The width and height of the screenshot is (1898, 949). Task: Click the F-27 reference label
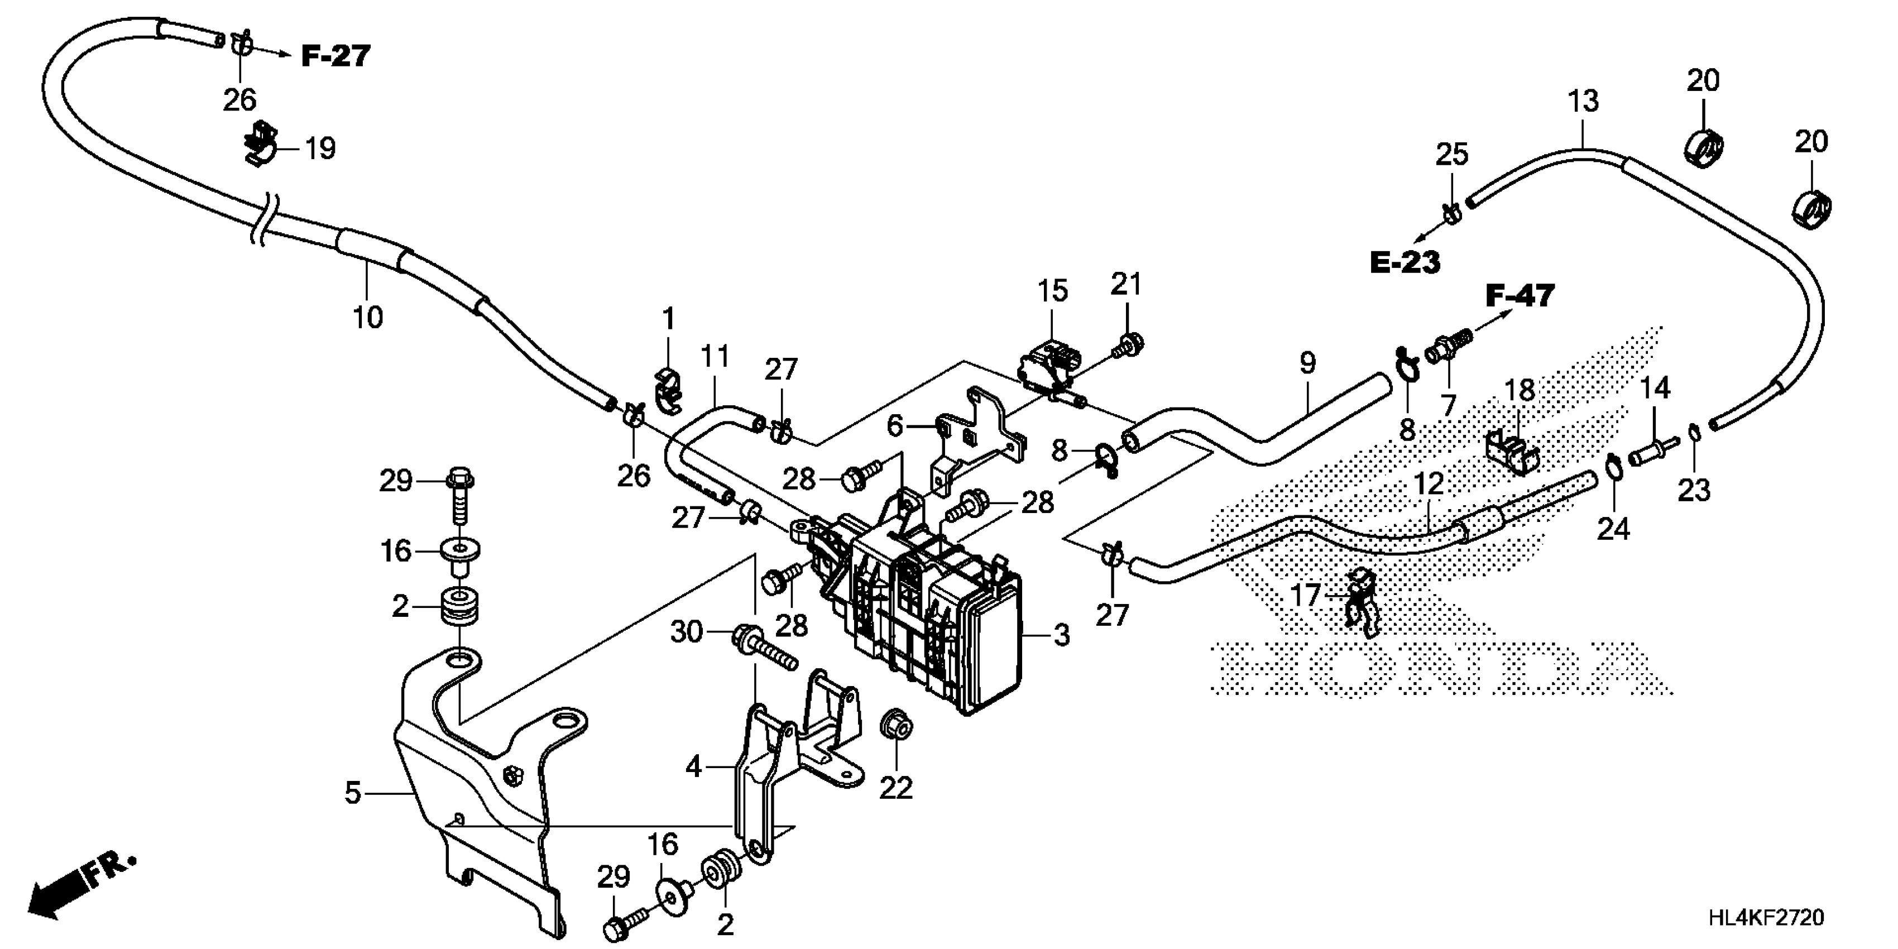(x=335, y=56)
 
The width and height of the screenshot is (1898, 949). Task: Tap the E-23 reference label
(x=1405, y=262)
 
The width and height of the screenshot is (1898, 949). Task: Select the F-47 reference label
(x=1520, y=296)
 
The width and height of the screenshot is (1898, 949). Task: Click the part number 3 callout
(x=1061, y=635)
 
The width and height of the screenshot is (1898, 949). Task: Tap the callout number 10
(x=368, y=318)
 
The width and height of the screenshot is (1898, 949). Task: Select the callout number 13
(x=1583, y=102)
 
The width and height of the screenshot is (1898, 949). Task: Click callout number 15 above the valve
(x=1053, y=291)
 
